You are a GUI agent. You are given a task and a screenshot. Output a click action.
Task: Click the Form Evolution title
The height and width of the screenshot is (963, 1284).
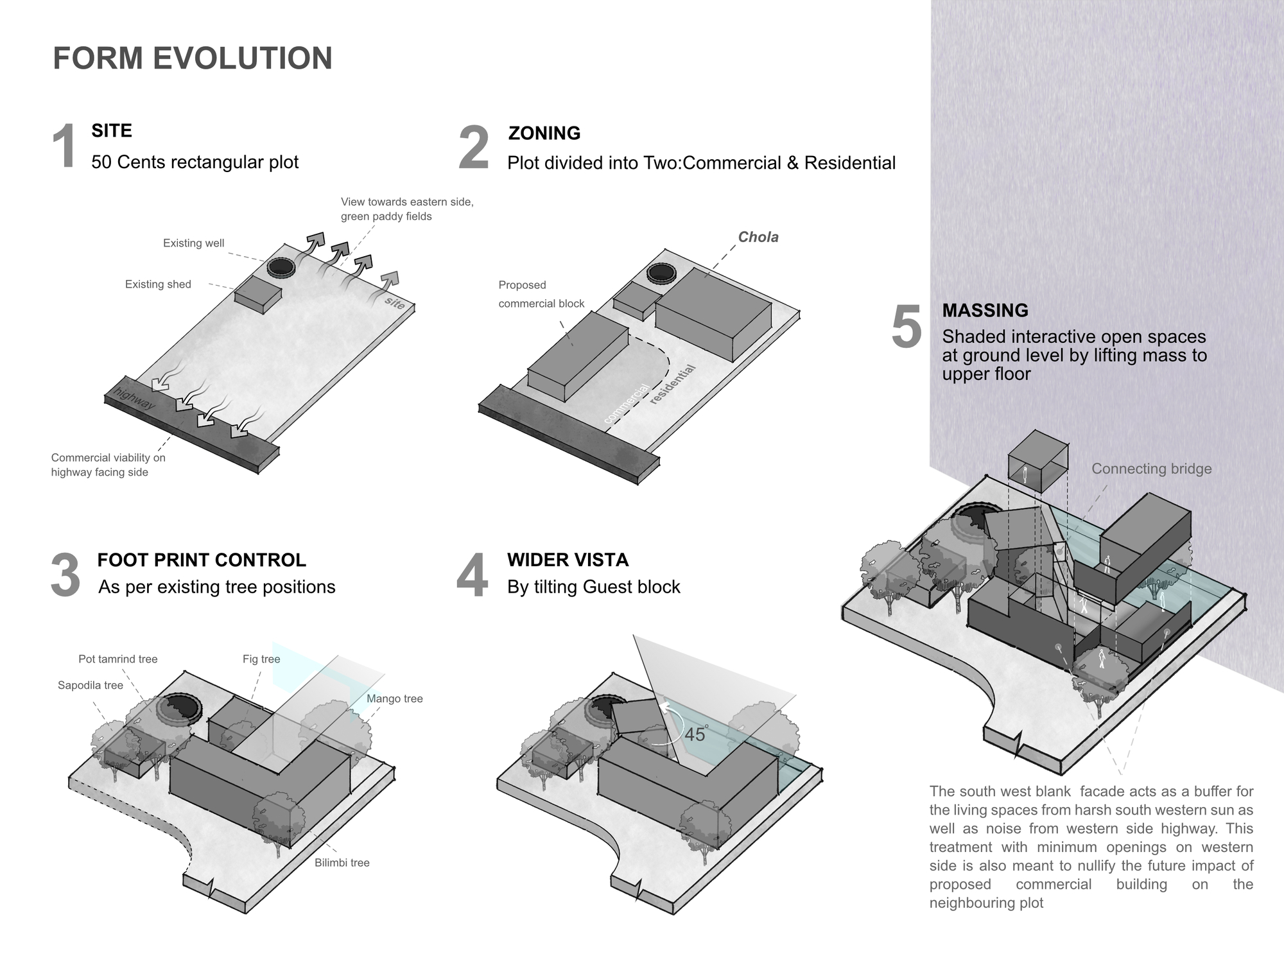click(193, 58)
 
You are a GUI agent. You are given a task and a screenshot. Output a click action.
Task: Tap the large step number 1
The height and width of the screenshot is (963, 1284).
click(64, 148)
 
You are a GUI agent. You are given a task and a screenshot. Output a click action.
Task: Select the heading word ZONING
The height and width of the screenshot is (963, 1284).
click(544, 134)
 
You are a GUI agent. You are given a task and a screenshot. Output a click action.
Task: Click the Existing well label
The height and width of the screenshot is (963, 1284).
click(193, 243)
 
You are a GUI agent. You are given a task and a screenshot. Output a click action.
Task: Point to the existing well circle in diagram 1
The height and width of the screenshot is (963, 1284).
click(281, 267)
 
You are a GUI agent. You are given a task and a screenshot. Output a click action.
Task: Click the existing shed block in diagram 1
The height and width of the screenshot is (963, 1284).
click(258, 295)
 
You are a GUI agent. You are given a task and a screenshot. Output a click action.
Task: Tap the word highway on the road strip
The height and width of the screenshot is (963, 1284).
click(134, 399)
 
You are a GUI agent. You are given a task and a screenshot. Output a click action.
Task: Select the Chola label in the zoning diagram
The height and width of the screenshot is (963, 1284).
click(758, 238)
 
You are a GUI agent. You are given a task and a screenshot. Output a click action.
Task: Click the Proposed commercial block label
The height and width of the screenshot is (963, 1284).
click(541, 294)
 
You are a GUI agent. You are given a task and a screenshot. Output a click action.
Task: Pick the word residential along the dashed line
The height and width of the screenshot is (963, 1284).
click(672, 384)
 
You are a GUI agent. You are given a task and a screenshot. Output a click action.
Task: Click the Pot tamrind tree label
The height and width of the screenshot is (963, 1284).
click(117, 659)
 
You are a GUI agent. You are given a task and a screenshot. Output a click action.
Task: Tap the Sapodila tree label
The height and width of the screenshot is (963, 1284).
click(90, 686)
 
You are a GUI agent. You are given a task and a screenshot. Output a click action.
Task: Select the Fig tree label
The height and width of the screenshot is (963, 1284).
click(261, 659)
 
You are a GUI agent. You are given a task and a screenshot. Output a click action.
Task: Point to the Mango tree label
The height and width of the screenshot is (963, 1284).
click(394, 699)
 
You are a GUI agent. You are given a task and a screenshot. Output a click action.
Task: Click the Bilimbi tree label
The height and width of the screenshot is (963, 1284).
click(342, 863)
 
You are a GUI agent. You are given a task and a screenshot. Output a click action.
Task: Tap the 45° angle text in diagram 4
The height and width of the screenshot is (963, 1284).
click(695, 734)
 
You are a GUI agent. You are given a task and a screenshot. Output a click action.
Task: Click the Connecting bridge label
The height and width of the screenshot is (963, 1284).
click(1151, 469)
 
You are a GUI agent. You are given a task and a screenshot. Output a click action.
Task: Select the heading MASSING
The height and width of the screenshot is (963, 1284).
click(985, 311)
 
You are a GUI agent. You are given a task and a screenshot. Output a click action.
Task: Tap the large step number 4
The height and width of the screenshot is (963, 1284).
click(472, 577)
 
